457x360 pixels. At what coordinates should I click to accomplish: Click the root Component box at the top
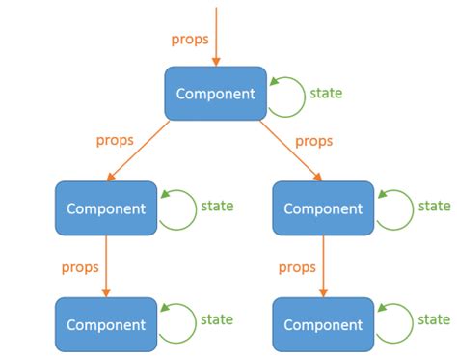(x=215, y=94)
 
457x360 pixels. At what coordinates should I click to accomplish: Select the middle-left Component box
(x=105, y=208)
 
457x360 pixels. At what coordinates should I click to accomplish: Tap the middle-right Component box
(x=323, y=208)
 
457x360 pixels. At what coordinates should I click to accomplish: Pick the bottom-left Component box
(x=105, y=324)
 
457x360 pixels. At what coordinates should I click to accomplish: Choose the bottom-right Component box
(x=323, y=324)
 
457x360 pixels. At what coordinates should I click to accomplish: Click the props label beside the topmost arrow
(x=189, y=40)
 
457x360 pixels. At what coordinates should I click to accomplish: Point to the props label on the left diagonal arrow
(x=115, y=141)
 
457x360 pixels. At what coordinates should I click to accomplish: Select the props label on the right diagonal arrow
(x=313, y=141)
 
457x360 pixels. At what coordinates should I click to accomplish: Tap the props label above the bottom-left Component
(x=79, y=267)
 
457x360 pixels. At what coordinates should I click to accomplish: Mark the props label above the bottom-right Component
(x=297, y=267)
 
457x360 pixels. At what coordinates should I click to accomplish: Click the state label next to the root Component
(x=326, y=94)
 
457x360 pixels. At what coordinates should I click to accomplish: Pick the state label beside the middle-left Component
(x=216, y=206)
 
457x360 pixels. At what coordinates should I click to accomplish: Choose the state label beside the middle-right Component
(x=434, y=206)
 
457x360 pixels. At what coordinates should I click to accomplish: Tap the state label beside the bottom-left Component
(x=216, y=319)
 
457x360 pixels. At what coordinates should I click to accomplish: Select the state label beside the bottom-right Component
(x=434, y=319)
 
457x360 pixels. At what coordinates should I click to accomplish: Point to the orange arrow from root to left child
(x=145, y=152)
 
